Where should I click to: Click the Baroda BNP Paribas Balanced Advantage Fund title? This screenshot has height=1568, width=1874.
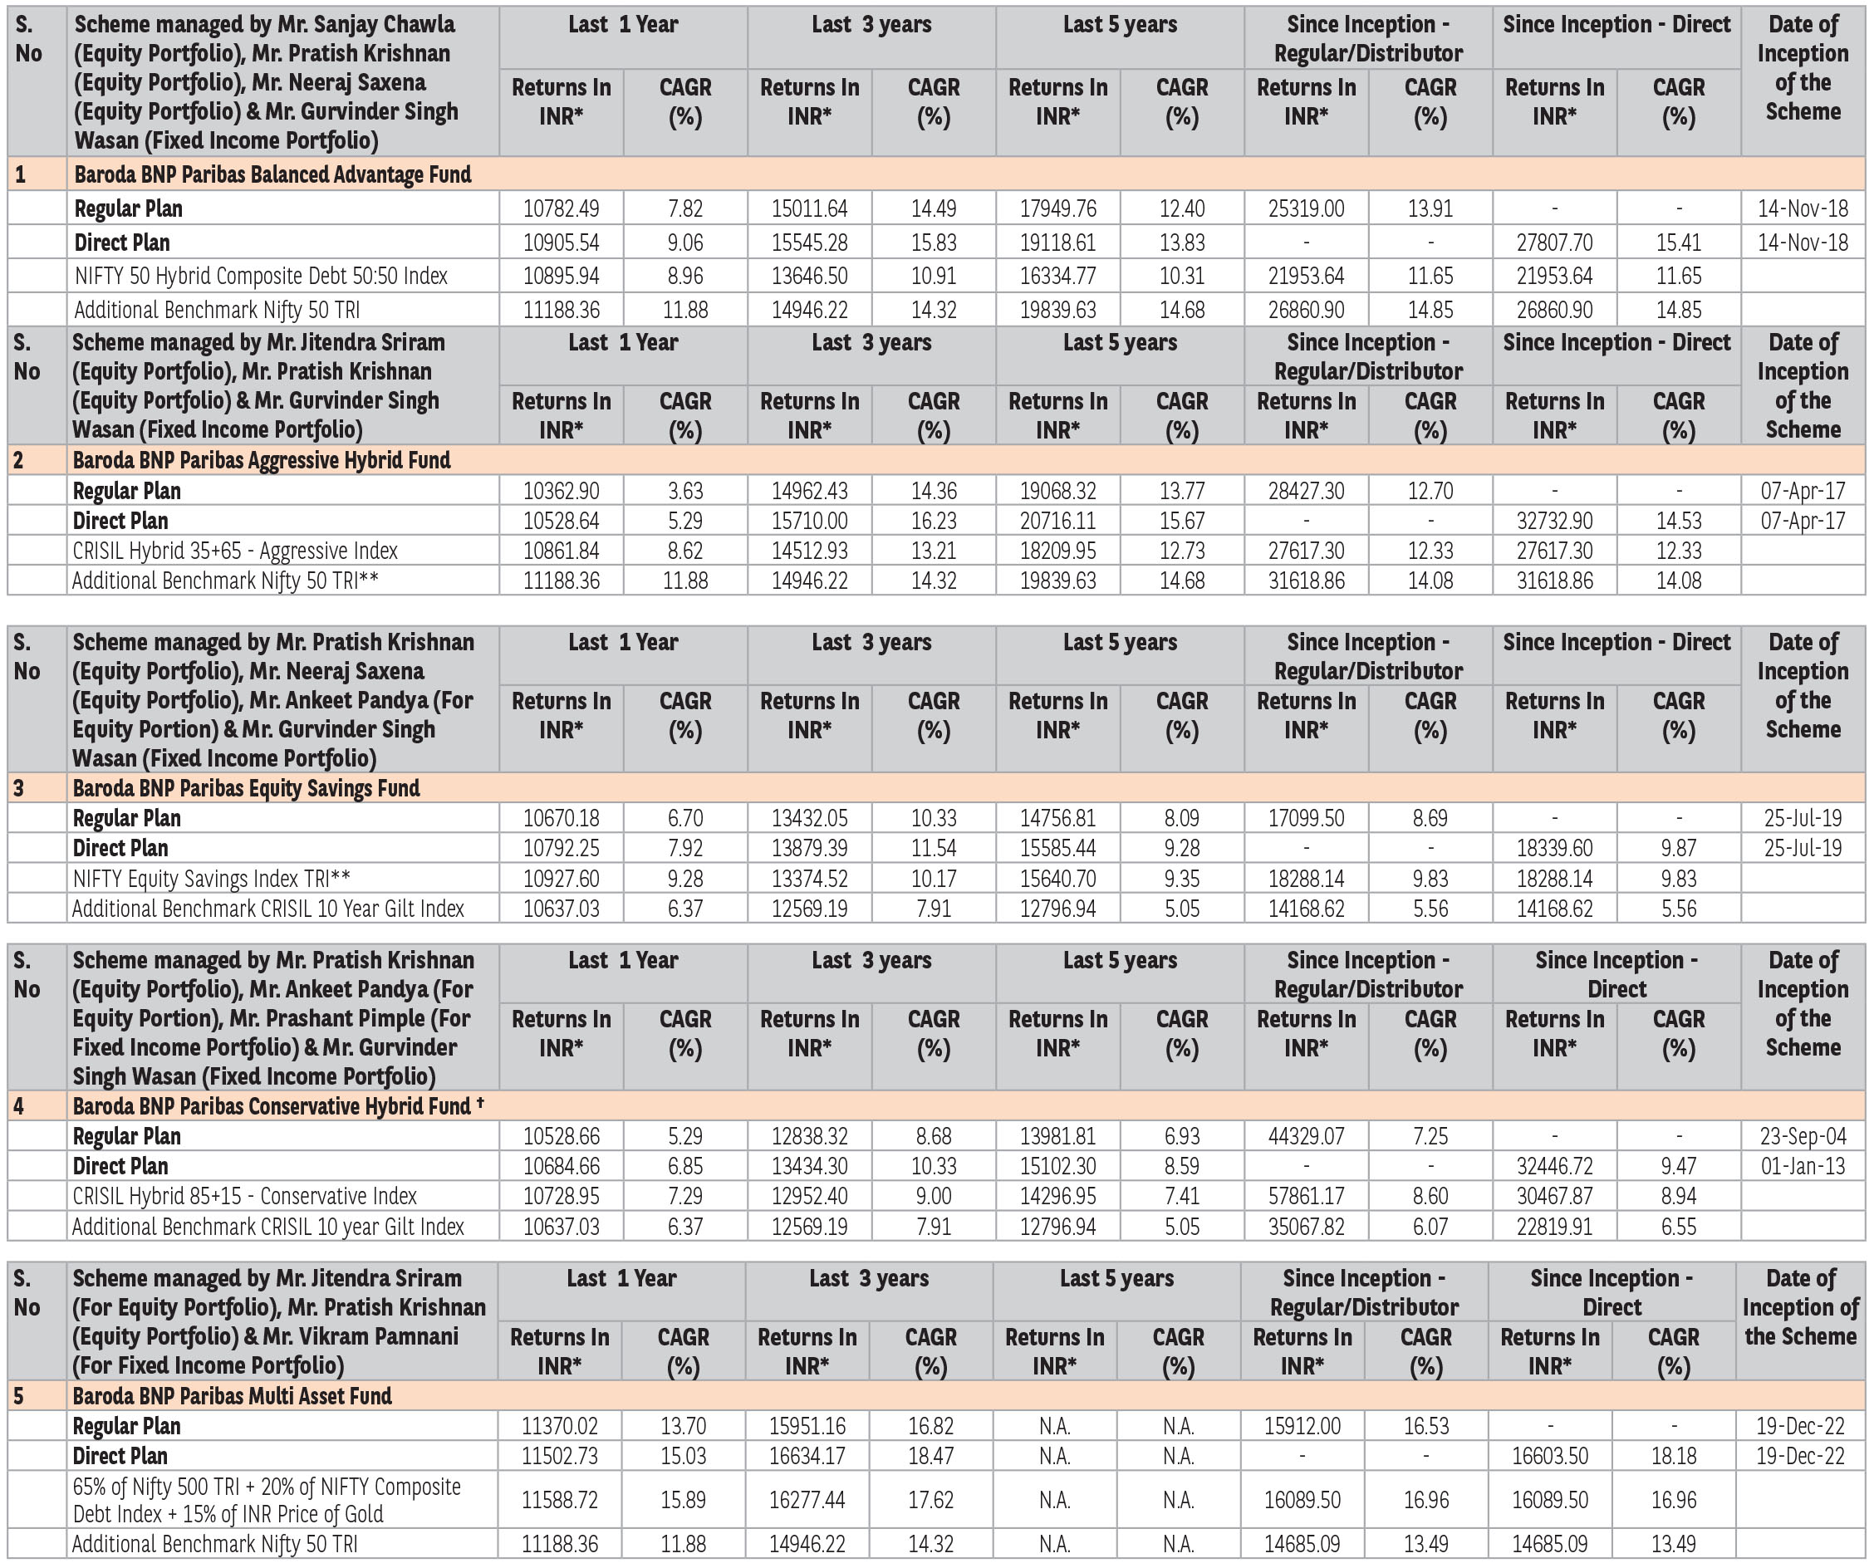click(272, 174)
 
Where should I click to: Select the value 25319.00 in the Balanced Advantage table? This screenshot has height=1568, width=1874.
click(1306, 208)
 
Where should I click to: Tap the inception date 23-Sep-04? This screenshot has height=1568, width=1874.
click(1802, 1136)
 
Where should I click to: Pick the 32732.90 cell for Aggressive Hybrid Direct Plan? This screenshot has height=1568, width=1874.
click(1553, 522)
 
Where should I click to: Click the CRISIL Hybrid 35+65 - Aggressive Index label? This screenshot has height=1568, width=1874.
click(235, 551)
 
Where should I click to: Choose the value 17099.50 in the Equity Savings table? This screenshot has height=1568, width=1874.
click(1306, 818)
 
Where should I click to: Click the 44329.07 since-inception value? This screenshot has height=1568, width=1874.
click(1306, 1136)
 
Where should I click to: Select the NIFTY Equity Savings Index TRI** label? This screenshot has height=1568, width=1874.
click(212, 879)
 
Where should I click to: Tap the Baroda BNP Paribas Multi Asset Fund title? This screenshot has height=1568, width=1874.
click(232, 1396)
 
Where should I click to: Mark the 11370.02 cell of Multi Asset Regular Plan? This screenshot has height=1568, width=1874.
click(560, 1426)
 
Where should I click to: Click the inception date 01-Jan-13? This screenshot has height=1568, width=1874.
click(1802, 1166)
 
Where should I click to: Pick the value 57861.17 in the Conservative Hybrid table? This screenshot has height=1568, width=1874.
click(1306, 1197)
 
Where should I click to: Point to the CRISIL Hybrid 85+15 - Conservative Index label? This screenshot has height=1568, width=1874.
click(244, 1197)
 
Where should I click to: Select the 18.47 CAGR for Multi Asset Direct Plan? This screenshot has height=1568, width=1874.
click(930, 1457)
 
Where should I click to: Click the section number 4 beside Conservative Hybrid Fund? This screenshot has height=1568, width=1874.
click(19, 1106)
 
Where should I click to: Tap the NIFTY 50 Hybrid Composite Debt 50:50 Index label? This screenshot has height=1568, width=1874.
click(261, 277)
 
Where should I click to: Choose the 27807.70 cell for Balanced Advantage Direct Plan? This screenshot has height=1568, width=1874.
click(1553, 243)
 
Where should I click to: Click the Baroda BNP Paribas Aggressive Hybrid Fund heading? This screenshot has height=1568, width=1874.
click(262, 460)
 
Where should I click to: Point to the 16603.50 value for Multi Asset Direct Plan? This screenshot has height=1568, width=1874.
click(1549, 1457)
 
